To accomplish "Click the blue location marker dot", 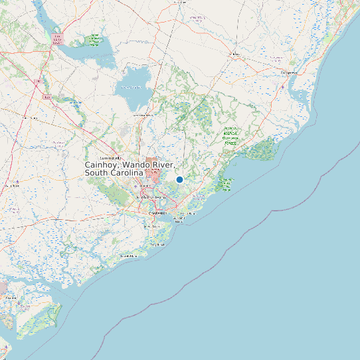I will click(179, 179).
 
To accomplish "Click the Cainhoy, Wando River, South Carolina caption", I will click(130, 169).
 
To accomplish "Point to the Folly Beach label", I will click(157, 244).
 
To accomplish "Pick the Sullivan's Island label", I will click(190, 214).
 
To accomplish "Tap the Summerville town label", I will click(112, 158).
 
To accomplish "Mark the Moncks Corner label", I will click(143, 115).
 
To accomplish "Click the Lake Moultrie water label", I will click(132, 86).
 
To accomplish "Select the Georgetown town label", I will click(288, 72).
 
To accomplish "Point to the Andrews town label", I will click(234, 54).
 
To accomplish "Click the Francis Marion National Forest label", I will click(230, 135).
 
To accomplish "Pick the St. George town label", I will click(31, 118).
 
